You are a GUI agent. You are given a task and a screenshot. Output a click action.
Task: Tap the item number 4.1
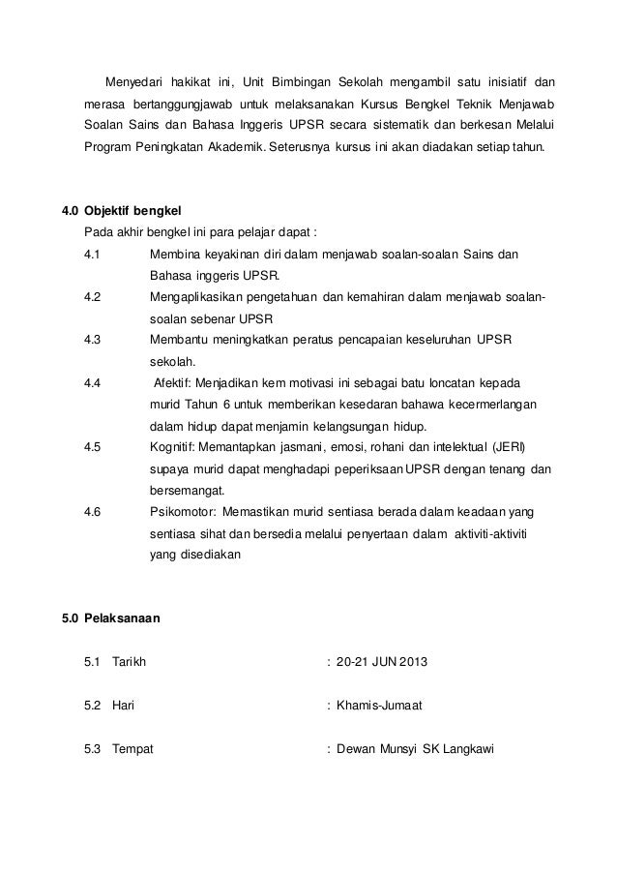coord(93,255)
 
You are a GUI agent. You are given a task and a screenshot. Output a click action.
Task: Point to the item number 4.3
coord(94,340)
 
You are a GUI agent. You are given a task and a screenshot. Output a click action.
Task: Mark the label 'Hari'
coord(123,706)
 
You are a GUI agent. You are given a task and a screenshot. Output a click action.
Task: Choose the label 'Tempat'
coord(133,748)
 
